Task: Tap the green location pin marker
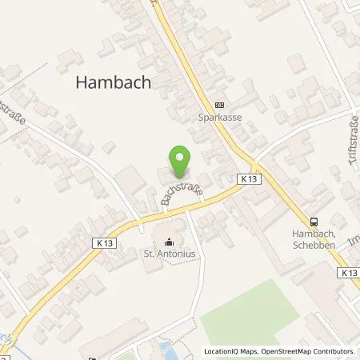(180, 161)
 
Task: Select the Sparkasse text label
(220, 116)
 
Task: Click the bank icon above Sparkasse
(220, 104)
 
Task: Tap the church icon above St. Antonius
(169, 242)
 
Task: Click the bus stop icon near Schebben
(314, 223)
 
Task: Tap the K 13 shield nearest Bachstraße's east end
(247, 182)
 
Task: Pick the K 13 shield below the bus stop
(348, 273)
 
